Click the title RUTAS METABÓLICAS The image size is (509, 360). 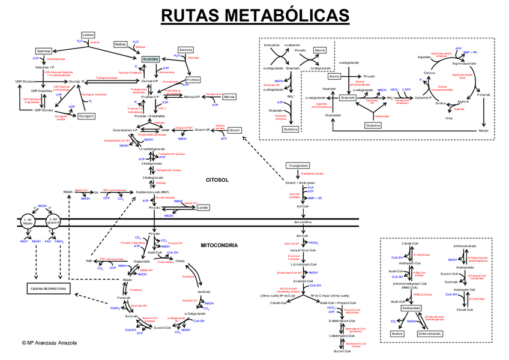coord(254,14)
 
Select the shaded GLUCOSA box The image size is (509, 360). coord(151,59)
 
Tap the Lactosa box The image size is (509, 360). coord(88,35)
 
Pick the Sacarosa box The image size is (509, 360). coord(185,49)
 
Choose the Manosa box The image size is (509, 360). coord(229,97)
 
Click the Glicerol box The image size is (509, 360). coord(235,130)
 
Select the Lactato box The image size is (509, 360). coord(203,207)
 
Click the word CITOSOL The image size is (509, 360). coord(217,179)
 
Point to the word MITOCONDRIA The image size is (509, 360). coord(219,245)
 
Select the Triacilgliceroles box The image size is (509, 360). coord(298,165)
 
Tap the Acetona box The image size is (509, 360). coord(396,333)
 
